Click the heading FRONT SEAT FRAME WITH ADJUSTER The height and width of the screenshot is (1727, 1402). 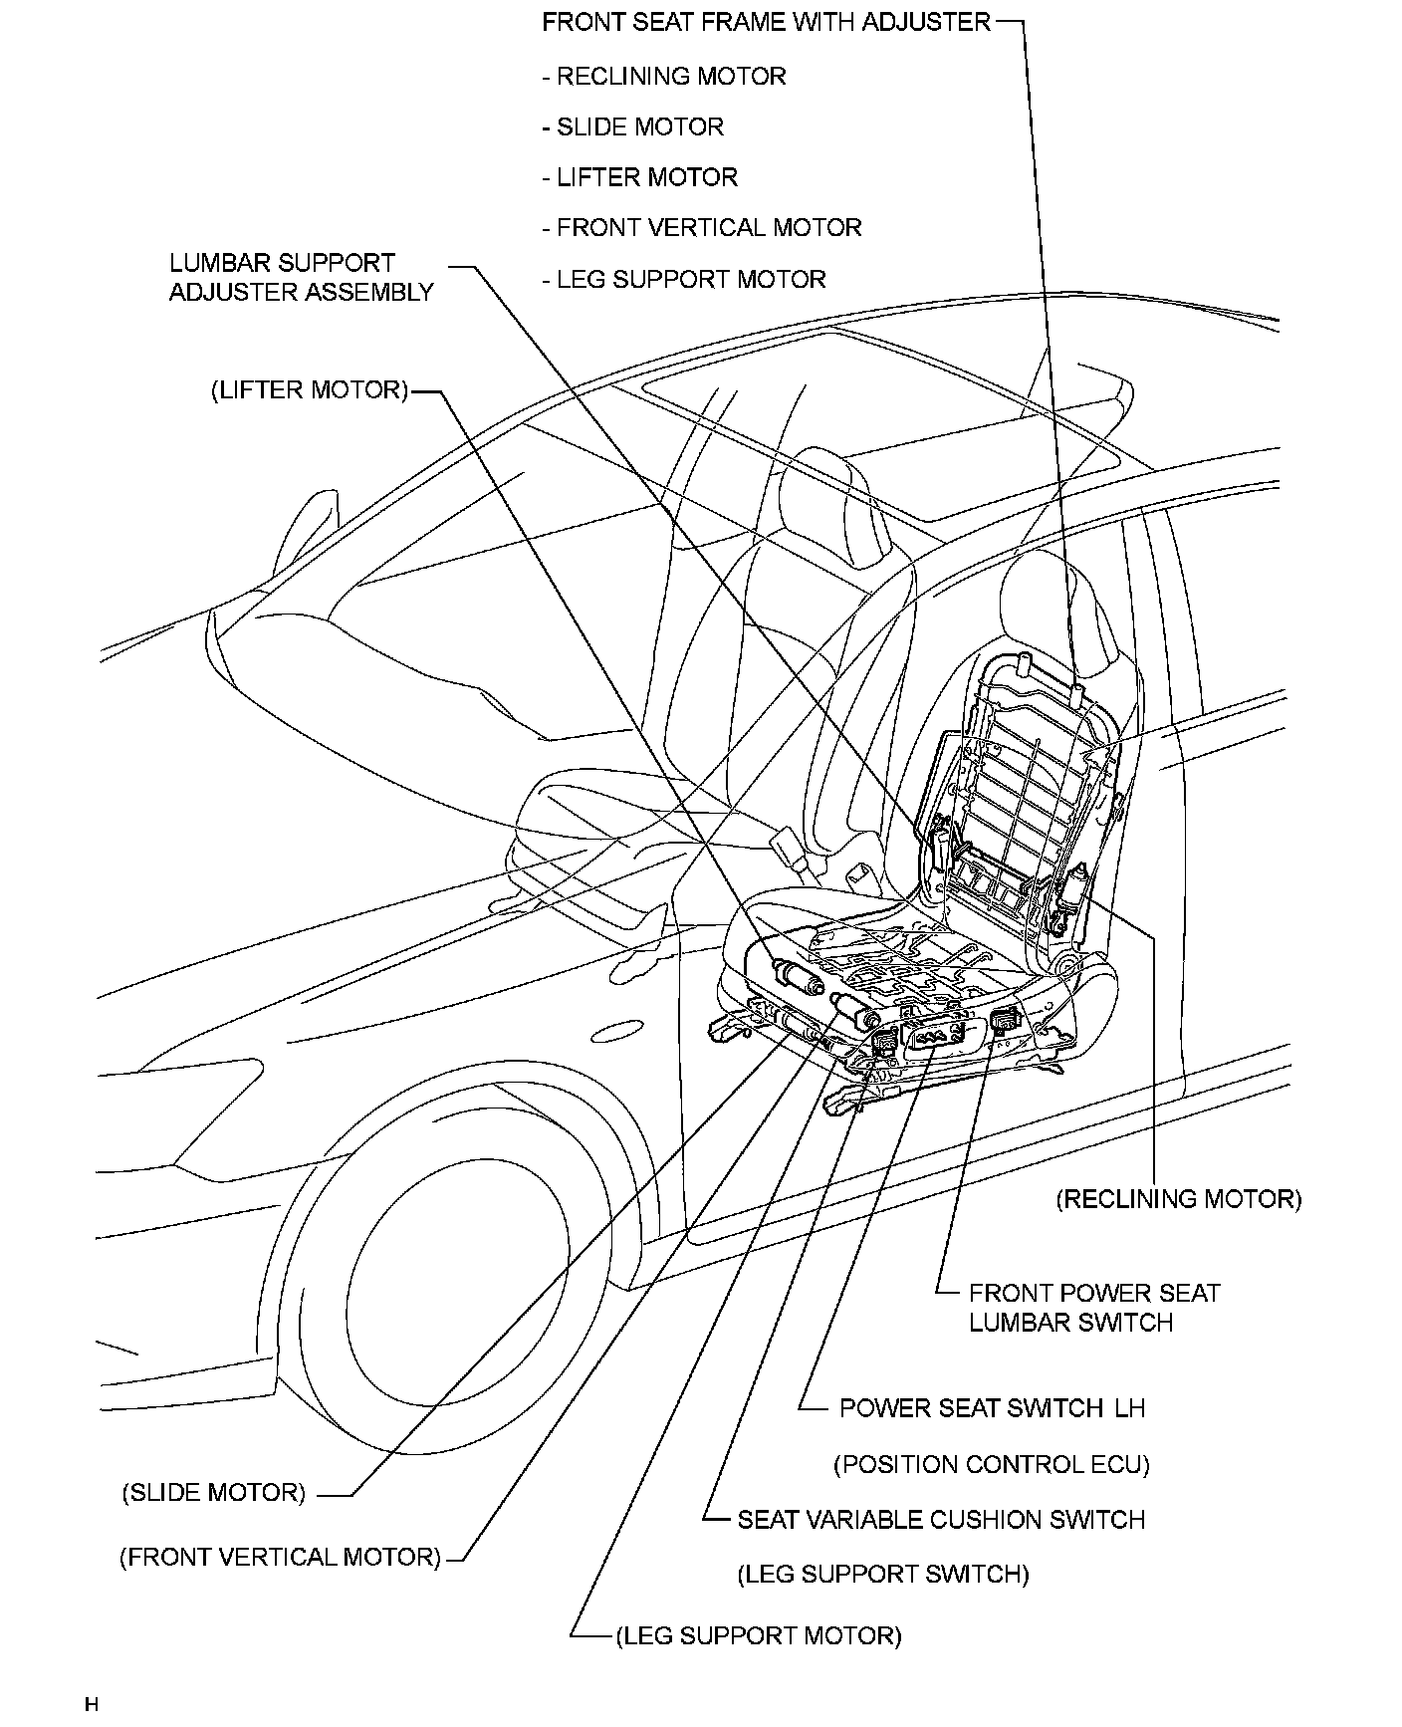pos(766,22)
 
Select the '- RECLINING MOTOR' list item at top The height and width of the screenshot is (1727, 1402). pos(664,77)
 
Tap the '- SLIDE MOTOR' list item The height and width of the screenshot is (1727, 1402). pos(633,127)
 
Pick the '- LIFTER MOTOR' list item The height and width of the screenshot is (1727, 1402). pos(640,177)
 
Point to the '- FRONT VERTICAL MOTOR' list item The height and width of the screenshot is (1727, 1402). pos(702,228)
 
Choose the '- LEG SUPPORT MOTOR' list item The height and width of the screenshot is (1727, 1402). pos(684,279)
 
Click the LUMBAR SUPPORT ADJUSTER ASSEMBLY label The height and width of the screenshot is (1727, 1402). pos(301,278)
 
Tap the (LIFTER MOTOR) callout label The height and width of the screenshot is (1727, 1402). pos(310,389)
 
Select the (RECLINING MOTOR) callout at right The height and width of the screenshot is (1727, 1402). pos(1179,1198)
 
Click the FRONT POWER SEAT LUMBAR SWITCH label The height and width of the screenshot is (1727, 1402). pos(1093,1308)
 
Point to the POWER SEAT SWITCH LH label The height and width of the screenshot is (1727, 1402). pos(992,1408)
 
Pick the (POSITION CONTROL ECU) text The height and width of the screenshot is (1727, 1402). pos(991,1464)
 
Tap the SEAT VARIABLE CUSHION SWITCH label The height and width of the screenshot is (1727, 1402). pos(941,1520)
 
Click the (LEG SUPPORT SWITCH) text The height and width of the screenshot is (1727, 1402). pos(883,1574)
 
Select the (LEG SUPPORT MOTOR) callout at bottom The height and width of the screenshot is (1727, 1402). pos(759,1635)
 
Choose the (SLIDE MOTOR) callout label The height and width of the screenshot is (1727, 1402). pos(214,1493)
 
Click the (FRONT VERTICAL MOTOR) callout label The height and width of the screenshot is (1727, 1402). pos(281,1557)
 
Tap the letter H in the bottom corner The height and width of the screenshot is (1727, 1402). pos(92,1705)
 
